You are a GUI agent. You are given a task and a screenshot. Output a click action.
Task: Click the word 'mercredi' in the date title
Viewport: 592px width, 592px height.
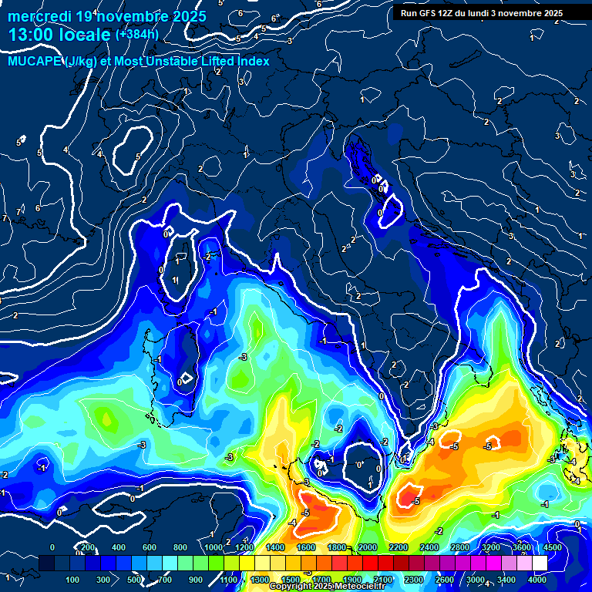point(38,16)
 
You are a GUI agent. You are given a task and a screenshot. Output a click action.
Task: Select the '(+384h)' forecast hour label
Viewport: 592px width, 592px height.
point(137,35)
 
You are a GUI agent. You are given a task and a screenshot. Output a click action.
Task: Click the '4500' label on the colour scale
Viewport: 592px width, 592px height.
point(552,548)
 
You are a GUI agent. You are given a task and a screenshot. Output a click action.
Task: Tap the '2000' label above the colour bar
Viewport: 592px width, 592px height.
point(367,548)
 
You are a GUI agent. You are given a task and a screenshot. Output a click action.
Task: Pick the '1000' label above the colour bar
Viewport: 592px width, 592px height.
point(213,548)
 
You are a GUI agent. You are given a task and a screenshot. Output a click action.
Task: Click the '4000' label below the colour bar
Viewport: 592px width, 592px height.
point(537,579)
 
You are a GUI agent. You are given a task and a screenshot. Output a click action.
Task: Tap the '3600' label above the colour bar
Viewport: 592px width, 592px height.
point(521,548)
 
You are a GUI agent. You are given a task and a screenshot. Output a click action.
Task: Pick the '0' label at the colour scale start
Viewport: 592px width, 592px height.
point(52,548)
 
